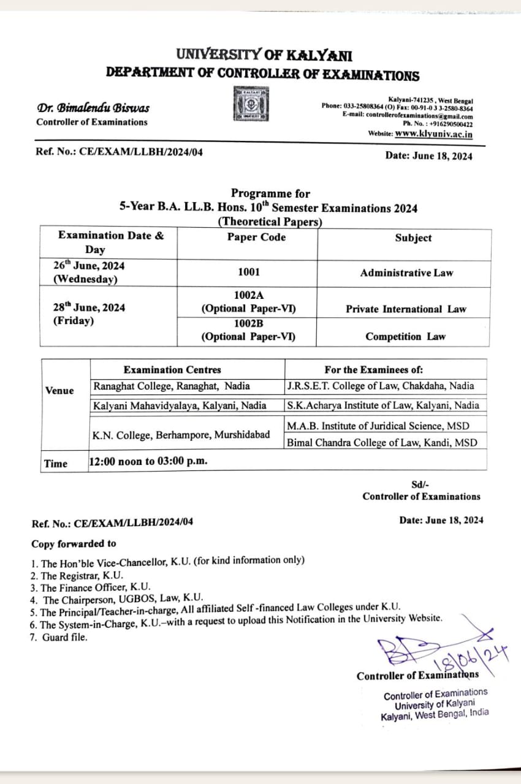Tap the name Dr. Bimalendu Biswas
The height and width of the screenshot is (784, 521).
93,108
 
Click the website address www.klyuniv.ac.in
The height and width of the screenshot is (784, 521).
434,134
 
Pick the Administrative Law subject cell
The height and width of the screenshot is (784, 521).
406,273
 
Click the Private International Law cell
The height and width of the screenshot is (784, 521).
406,309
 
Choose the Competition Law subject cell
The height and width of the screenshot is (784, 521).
406,336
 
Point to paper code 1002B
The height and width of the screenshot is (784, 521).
249,323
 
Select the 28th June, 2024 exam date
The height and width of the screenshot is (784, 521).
89,307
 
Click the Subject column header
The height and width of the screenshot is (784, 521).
413,238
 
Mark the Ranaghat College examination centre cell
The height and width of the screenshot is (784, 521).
172,386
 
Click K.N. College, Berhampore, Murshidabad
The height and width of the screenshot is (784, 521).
181,434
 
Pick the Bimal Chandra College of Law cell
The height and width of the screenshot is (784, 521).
381,442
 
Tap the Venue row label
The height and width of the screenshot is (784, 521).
59,391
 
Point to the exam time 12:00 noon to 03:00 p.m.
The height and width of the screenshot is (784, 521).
148,461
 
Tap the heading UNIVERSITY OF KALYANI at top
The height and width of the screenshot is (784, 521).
264,56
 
